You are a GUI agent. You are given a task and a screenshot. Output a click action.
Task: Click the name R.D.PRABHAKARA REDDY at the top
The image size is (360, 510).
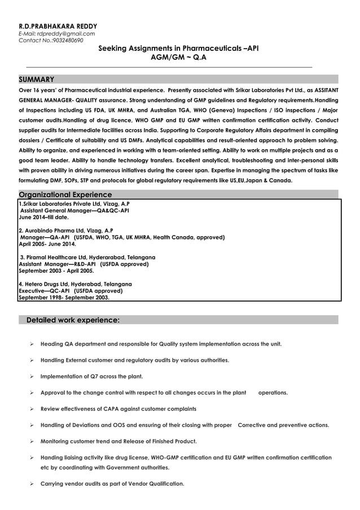[x=58, y=26]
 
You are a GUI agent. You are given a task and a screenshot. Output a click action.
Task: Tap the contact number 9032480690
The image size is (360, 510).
[x=67, y=40]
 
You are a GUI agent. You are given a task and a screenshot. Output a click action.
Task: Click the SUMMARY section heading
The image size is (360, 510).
[x=37, y=79]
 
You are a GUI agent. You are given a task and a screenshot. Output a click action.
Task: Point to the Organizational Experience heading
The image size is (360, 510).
[x=65, y=194]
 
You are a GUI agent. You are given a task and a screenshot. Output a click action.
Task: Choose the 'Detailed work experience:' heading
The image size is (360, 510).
[x=73, y=320]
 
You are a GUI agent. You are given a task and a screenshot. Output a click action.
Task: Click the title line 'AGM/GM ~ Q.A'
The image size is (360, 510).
[x=179, y=57]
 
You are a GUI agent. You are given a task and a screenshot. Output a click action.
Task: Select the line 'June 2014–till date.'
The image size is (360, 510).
[x=43, y=217]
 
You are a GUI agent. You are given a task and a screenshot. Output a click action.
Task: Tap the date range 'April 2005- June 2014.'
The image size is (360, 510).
[x=47, y=244]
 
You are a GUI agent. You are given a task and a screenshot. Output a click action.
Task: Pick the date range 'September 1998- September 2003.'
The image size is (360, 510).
[x=64, y=297]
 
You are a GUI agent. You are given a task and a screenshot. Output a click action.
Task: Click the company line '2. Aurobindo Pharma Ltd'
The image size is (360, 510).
[x=65, y=230]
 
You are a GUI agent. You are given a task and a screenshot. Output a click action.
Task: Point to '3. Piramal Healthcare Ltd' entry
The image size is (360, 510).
[x=87, y=257]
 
